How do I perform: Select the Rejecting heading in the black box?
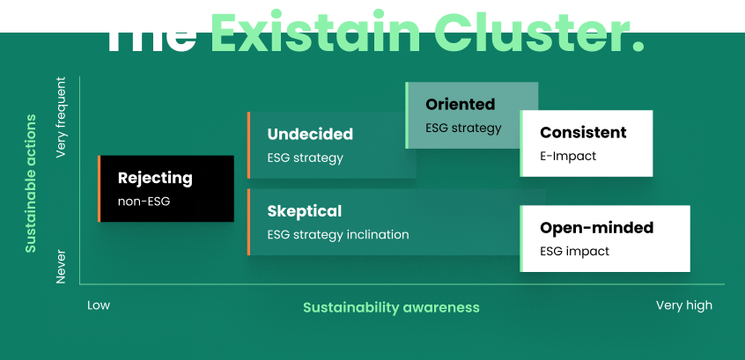155,178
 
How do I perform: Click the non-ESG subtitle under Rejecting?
144,202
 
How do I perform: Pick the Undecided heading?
310,135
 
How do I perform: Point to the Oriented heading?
460,105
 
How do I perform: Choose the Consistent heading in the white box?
583,133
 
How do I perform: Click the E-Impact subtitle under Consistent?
568,156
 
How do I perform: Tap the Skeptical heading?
305,211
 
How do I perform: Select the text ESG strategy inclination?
338,235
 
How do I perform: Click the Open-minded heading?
596,228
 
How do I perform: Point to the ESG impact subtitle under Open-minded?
574,251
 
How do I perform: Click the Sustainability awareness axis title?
391,307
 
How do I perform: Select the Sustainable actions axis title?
31,182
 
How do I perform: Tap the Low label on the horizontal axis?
99,305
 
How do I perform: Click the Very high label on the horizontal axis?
683,305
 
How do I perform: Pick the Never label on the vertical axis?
62,265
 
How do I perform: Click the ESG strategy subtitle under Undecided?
305,158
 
